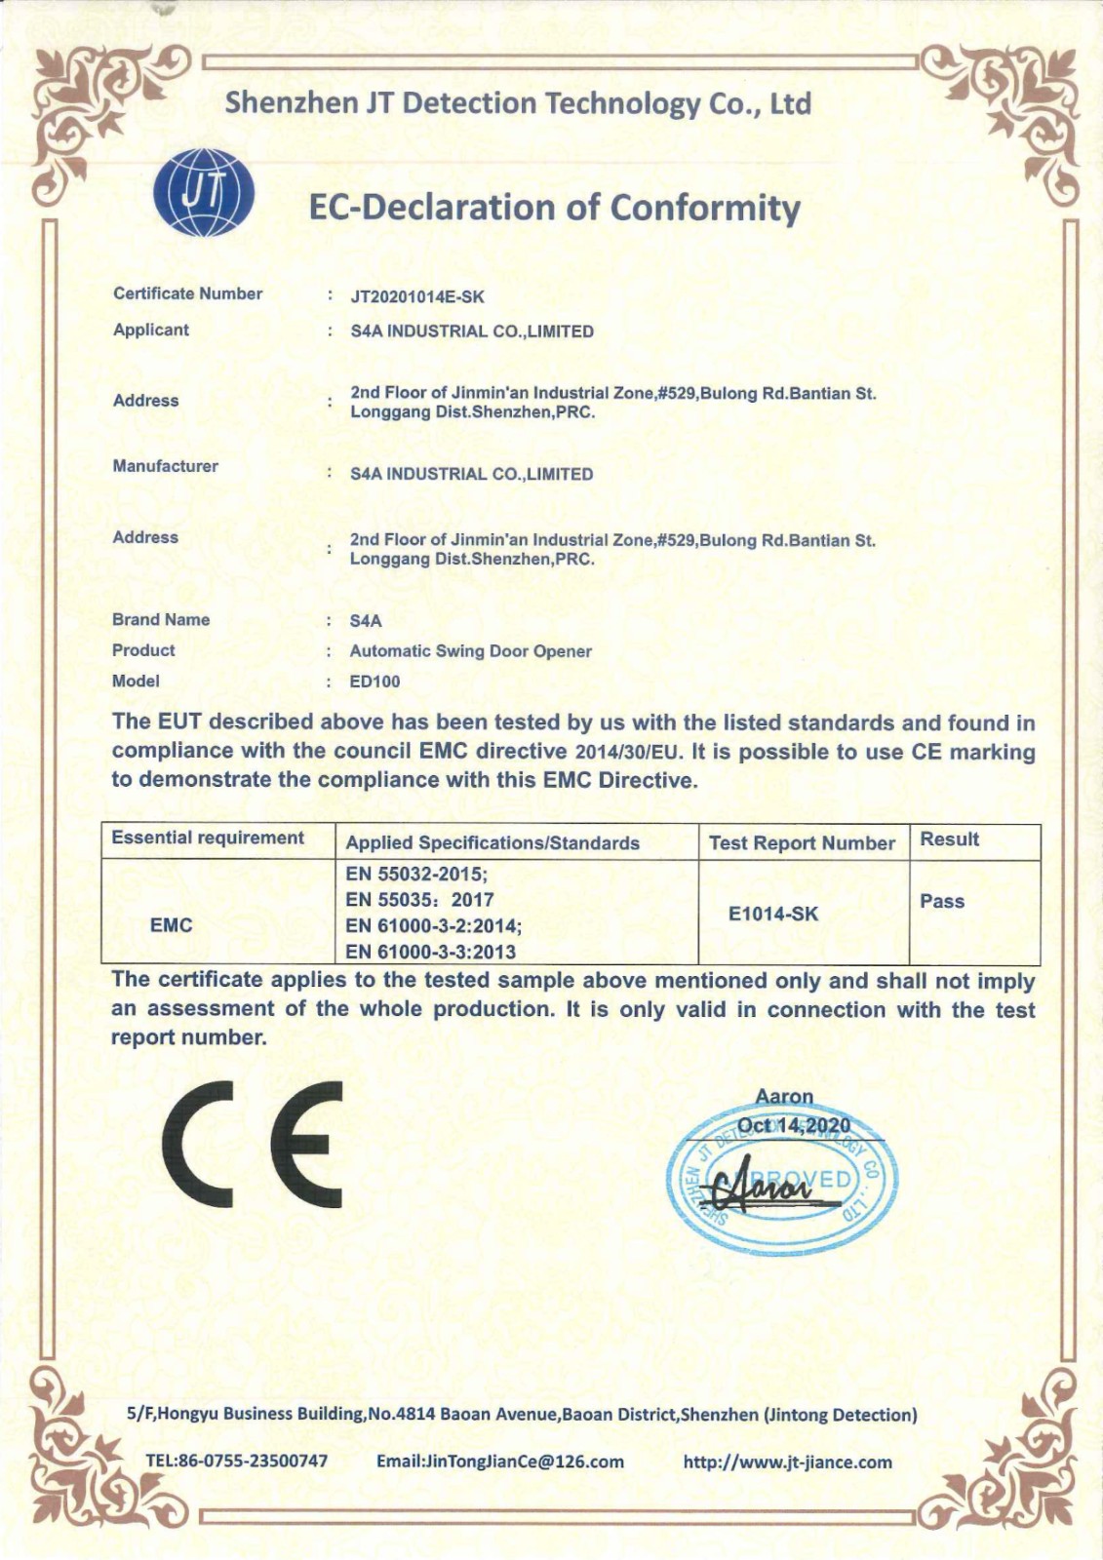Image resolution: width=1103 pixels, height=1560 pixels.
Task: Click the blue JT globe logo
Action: point(205,192)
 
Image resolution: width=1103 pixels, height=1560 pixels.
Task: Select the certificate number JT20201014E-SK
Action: point(417,296)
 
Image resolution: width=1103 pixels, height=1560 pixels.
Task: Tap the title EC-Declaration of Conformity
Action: point(554,208)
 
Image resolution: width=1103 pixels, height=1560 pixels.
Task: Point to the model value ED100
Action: point(374,682)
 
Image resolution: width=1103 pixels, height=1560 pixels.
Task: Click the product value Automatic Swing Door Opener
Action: point(470,651)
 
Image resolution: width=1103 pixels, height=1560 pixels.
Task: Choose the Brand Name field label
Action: point(161,620)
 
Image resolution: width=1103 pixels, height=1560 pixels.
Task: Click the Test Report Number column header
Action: point(802,843)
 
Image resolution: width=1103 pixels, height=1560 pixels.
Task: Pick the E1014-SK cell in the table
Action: point(773,914)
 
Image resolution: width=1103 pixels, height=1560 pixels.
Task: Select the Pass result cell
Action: point(942,901)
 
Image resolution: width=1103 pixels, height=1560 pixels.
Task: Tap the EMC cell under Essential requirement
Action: point(172,924)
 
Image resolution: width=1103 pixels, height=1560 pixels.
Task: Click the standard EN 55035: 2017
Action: point(419,900)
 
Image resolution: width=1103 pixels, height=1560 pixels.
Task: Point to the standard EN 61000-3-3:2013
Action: point(430,952)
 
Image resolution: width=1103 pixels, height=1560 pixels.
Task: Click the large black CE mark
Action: point(254,1144)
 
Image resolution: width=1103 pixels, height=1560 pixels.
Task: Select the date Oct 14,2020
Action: point(794,1126)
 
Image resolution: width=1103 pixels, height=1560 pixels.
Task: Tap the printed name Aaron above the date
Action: point(784,1097)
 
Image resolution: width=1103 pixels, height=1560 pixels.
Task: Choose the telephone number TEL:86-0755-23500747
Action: point(237,1461)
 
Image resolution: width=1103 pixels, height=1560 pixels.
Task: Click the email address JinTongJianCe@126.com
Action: point(499,1461)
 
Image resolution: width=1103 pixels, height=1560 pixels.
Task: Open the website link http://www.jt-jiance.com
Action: point(788,1462)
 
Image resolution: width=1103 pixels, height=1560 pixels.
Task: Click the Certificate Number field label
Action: point(187,293)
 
